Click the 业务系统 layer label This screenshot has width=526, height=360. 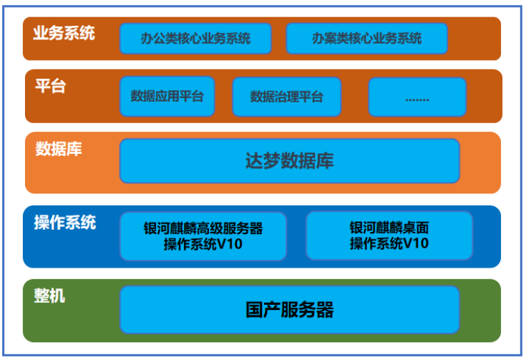click(x=64, y=33)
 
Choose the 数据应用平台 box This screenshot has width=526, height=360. click(x=167, y=96)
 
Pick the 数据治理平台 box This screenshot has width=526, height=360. click(x=286, y=97)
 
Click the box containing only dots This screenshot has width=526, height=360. click(x=417, y=97)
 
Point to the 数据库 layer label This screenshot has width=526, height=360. click(x=59, y=149)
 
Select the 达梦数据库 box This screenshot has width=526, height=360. click(x=289, y=160)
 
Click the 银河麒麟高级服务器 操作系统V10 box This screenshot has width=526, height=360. click(x=203, y=235)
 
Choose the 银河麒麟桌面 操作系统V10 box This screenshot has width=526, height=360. click(x=389, y=235)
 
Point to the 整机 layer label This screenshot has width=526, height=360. click(x=49, y=295)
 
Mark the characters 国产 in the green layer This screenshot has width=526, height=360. click(x=260, y=310)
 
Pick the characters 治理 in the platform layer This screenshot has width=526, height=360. click(x=293, y=97)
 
